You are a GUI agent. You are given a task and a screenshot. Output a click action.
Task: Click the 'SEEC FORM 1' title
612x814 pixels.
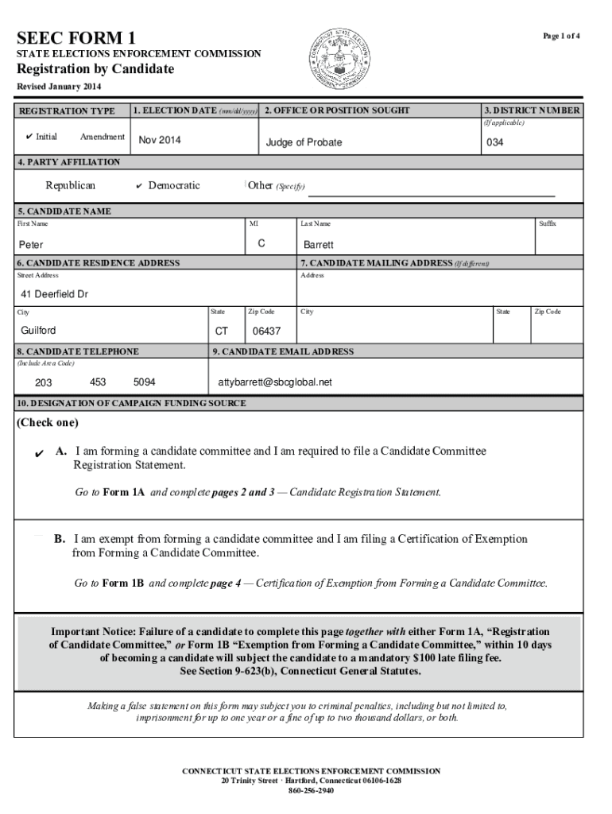click(76, 37)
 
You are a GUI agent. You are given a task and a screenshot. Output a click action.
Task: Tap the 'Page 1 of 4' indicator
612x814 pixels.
click(561, 37)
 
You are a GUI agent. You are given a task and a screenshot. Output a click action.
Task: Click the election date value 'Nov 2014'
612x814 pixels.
click(160, 141)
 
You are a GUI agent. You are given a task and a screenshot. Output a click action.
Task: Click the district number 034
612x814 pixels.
click(494, 142)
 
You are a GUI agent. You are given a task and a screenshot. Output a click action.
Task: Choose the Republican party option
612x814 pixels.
click(70, 185)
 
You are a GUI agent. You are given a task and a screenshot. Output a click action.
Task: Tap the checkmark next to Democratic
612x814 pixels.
click(138, 186)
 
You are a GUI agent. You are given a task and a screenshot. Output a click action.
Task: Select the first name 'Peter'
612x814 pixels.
click(32, 245)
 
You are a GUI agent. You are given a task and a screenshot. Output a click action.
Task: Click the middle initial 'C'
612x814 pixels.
click(261, 244)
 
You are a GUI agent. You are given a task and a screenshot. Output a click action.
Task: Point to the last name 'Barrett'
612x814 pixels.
click(318, 245)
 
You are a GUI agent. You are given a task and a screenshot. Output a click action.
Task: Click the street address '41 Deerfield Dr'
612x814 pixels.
click(54, 294)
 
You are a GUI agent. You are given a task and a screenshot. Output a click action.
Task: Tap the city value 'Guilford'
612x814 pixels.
click(38, 331)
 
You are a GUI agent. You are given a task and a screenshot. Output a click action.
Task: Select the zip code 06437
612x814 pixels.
click(266, 331)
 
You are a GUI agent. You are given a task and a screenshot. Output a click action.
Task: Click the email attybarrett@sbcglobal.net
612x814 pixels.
click(275, 382)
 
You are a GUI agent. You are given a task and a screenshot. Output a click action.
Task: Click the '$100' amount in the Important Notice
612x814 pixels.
click(426, 658)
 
